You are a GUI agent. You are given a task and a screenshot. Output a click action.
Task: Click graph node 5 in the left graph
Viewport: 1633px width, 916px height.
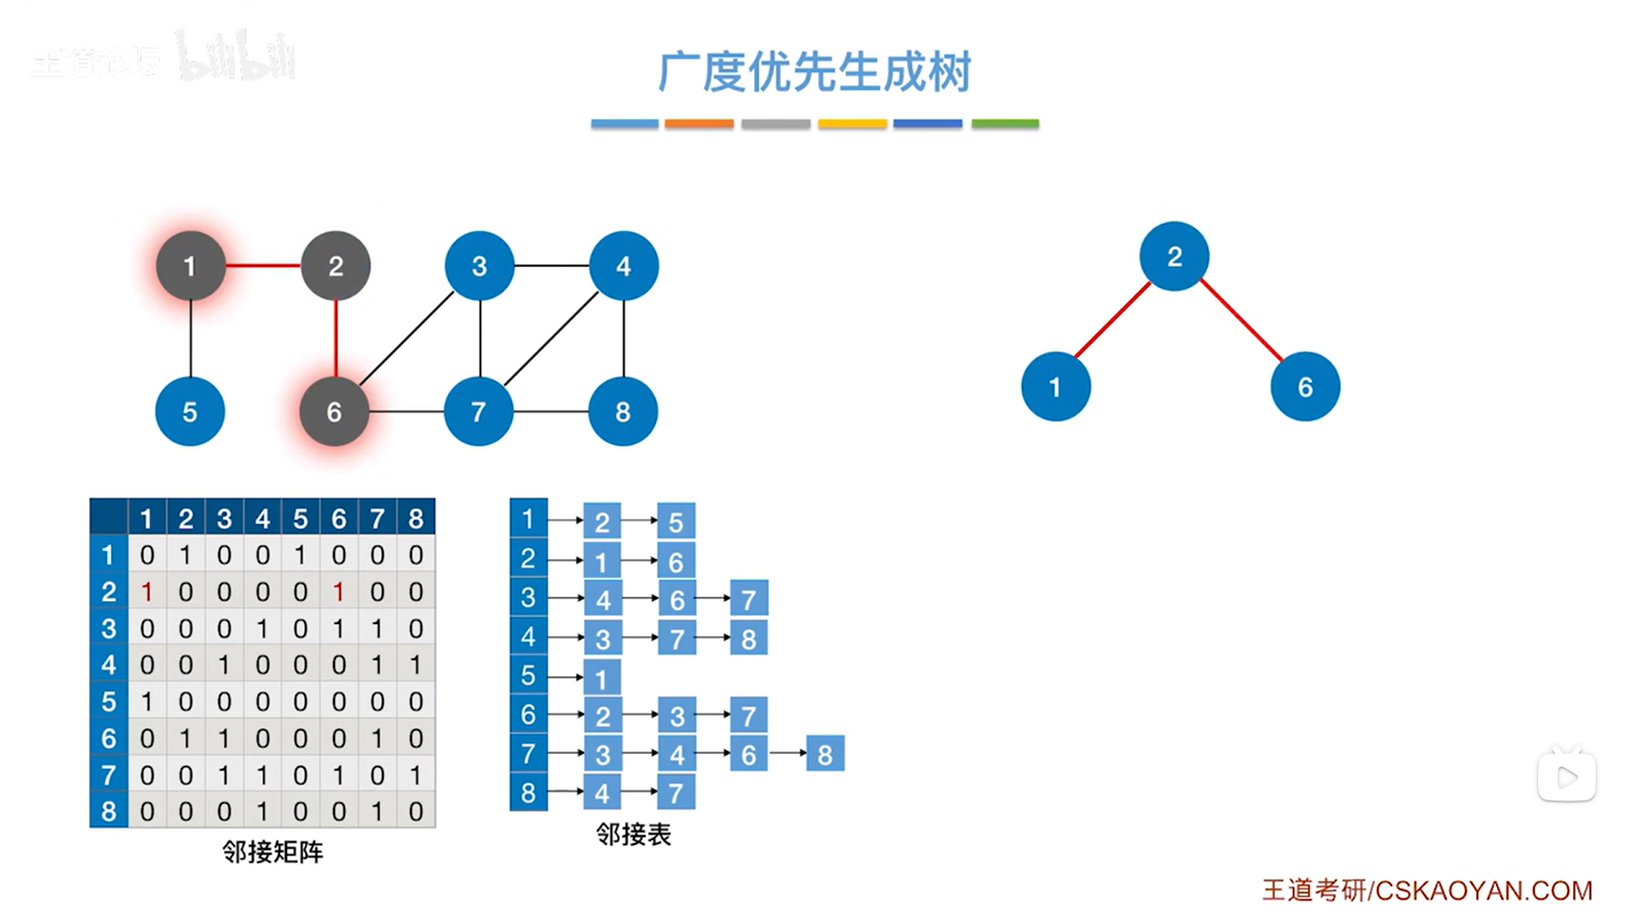[189, 412]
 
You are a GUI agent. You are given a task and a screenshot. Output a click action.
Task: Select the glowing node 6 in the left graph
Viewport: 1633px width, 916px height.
[334, 412]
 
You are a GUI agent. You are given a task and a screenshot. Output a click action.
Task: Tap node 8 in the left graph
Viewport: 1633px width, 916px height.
[623, 412]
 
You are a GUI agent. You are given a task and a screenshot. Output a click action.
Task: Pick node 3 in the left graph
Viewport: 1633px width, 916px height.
[479, 266]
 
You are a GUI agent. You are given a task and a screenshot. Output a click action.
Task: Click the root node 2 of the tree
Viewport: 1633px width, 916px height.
[1174, 257]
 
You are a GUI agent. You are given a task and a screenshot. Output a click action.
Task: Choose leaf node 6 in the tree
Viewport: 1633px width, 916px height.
[1304, 387]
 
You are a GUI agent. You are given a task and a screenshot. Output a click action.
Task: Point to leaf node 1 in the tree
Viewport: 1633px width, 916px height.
[1055, 387]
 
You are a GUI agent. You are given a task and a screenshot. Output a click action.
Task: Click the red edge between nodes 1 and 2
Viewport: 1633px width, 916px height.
[262, 265]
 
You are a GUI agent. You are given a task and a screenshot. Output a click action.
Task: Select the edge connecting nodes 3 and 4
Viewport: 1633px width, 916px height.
[551, 265]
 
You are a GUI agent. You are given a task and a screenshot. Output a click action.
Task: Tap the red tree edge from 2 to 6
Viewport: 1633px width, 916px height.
[1241, 319]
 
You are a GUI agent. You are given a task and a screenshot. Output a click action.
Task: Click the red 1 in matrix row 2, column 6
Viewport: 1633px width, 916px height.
[339, 592]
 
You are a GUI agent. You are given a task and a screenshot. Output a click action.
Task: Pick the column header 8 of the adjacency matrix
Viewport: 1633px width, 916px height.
[416, 518]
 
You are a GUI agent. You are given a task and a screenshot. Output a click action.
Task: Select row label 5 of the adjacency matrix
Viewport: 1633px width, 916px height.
[109, 701]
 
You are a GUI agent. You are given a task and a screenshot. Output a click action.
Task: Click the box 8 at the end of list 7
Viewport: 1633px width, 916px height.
[825, 754]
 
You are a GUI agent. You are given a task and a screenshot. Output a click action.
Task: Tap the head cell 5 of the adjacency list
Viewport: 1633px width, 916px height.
[528, 675]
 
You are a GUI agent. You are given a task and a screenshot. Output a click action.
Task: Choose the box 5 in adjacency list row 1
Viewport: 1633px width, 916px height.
[676, 521]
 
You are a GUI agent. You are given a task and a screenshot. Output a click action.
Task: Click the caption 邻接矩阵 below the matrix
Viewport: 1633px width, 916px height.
[272, 852]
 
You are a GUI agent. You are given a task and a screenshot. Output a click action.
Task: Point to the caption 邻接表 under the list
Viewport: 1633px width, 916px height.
[633, 834]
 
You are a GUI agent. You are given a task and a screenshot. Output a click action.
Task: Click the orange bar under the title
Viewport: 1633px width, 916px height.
[699, 124]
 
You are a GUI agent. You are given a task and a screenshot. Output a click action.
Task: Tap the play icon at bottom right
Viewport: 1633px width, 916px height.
[1566, 777]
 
